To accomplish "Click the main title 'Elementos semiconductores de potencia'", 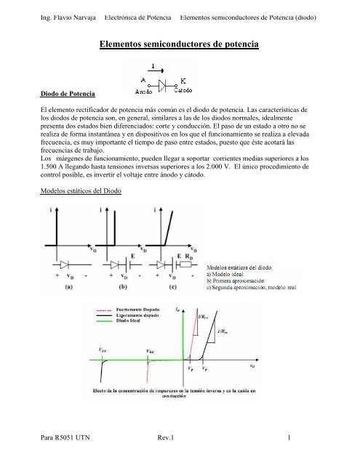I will coord(180,44).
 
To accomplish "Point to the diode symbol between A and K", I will coord(167,83).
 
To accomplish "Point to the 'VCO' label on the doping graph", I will coord(104,350).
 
